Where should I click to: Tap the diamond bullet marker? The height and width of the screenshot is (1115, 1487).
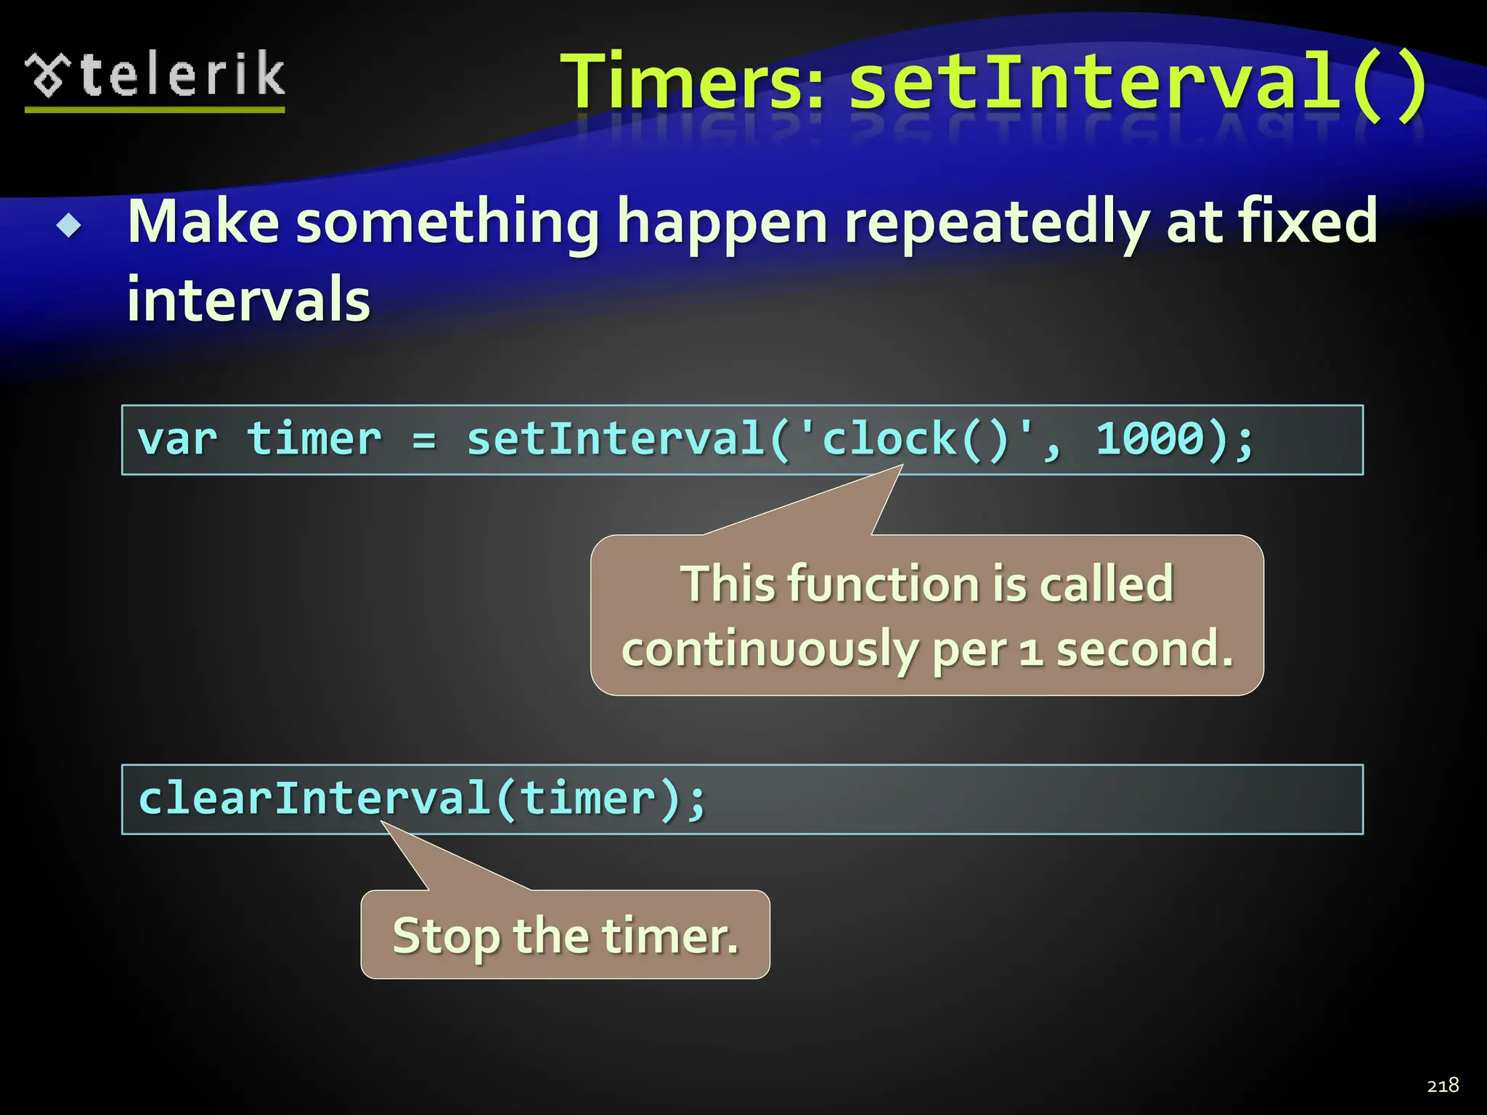coord(70,226)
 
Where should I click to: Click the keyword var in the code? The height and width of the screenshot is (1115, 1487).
coord(178,439)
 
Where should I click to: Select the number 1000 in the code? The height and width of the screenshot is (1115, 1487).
coord(1150,439)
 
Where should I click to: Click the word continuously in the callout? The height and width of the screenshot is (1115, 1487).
coord(770,650)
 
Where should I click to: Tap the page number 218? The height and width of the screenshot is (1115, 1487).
coord(1443,1085)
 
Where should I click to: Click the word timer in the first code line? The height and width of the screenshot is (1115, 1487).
coord(314,439)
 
